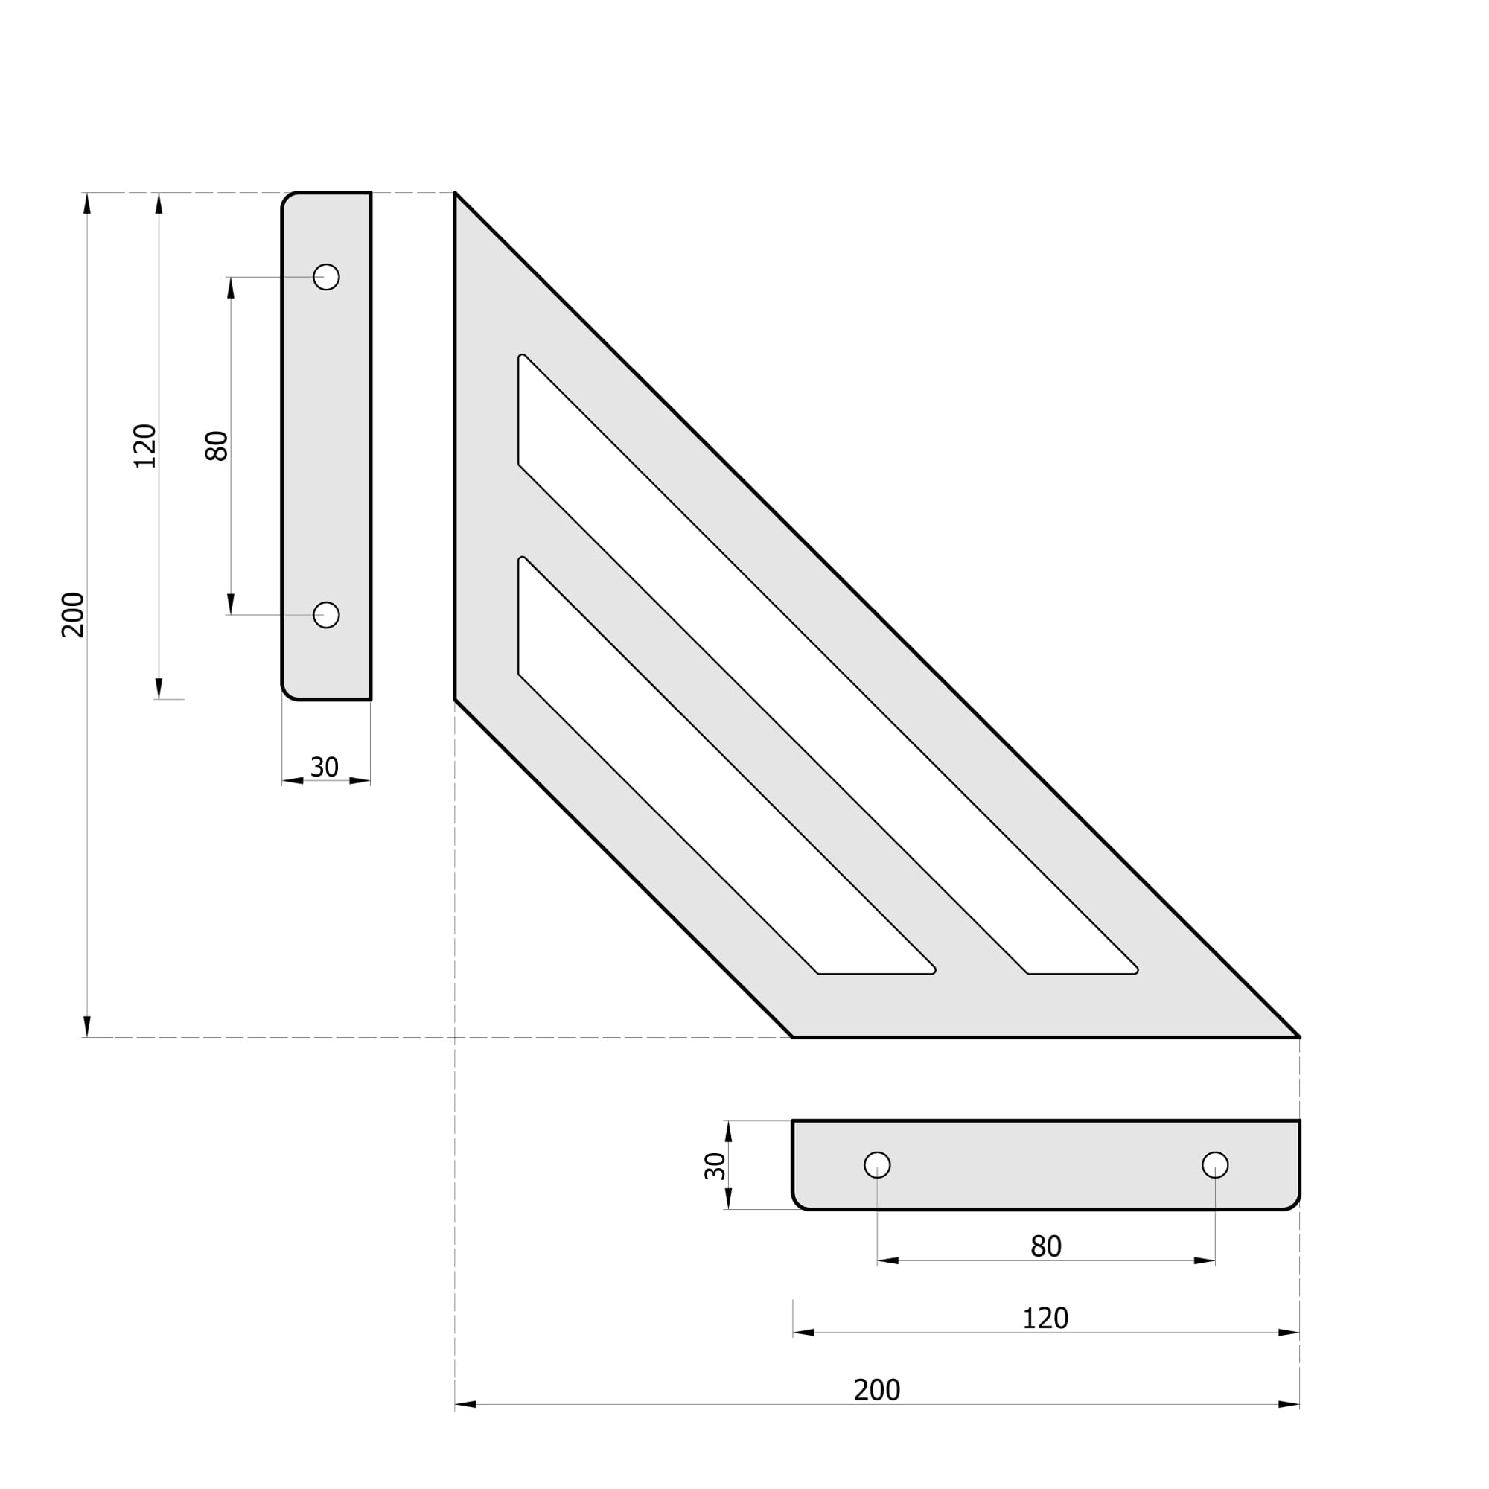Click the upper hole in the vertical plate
point(326,277)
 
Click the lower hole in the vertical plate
point(326,615)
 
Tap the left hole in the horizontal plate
point(877,1164)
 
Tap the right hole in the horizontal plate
point(1216,1164)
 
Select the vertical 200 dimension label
point(73,615)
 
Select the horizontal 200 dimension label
point(877,1389)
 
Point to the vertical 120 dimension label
point(145,445)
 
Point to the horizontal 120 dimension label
point(1046,1319)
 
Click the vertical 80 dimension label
point(217,445)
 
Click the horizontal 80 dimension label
point(1047,1246)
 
